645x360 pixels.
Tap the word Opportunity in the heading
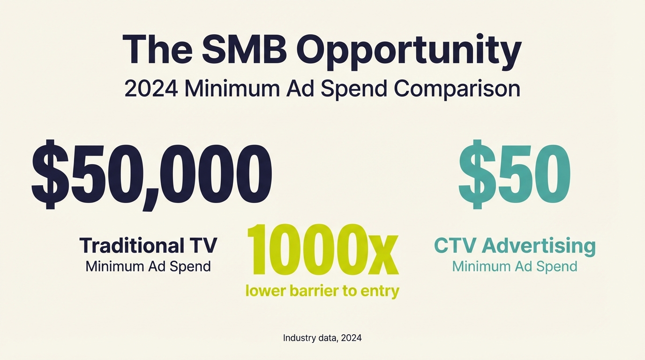coord(409,51)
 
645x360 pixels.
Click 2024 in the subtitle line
coord(151,89)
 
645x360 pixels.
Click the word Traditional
coord(132,246)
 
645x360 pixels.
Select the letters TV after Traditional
coord(202,246)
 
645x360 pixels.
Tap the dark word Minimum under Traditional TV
coord(116,267)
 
